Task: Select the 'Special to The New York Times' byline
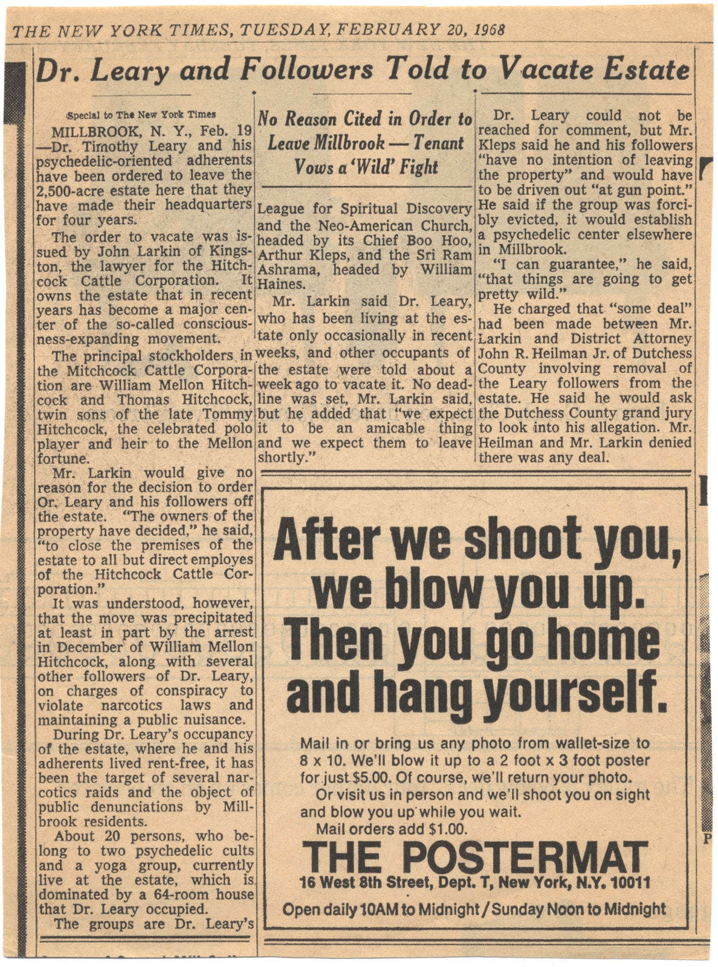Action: point(141,115)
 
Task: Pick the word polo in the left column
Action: point(234,429)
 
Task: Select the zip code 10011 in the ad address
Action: point(631,883)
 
